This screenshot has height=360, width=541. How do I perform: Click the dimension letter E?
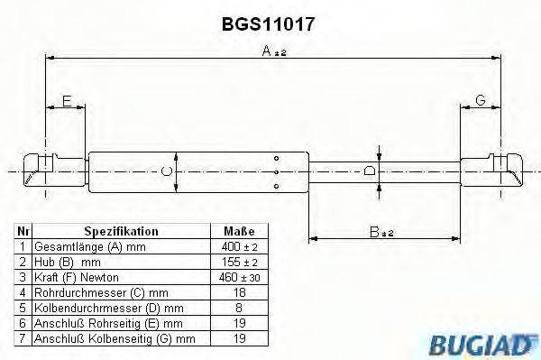pyautogui.click(x=66, y=101)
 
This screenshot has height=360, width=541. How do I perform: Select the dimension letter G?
pyautogui.click(x=481, y=101)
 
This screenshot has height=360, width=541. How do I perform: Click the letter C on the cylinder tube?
pyautogui.click(x=165, y=171)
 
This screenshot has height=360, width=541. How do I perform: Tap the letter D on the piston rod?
pyautogui.click(x=368, y=170)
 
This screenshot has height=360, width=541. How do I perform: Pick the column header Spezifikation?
pyautogui.click(x=121, y=231)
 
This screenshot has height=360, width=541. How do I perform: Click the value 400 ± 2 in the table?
pyautogui.click(x=238, y=246)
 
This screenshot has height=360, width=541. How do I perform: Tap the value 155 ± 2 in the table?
pyautogui.click(x=238, y=262)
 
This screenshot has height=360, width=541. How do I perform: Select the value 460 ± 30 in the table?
pyautogui.click(x=238, y=277)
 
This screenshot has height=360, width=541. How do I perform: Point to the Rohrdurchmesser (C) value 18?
pyautogui.click(x=238, y=292)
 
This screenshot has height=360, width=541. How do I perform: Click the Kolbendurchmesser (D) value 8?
pyautogui.click(x=238, y=308)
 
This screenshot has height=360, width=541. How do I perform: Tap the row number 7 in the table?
pyautogui.click(x=23, y=338)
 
